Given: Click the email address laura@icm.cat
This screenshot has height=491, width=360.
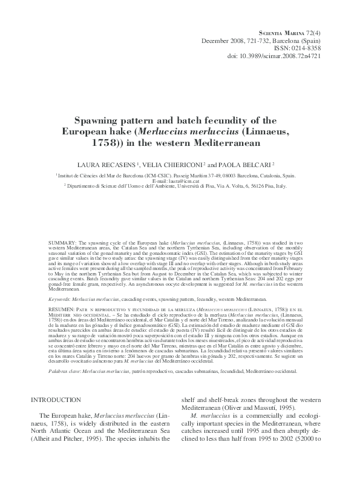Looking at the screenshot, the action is click(x=179, y=181).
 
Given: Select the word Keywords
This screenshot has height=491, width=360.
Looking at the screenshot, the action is click(x=60, y=299).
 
